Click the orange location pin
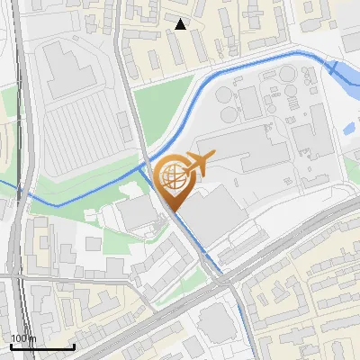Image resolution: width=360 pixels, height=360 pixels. pos(173,181)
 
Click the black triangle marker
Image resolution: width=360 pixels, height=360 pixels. pos(181,24)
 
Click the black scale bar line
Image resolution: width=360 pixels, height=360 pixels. pos(42,346)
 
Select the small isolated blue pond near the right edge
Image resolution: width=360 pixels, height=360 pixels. pos(349,129)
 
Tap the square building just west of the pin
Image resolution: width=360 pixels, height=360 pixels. pos(136,212)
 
